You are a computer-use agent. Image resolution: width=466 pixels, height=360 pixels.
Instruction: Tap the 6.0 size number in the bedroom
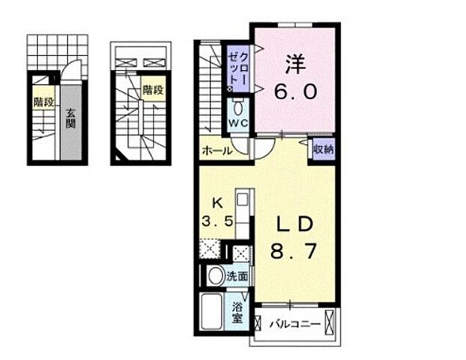(296, 91)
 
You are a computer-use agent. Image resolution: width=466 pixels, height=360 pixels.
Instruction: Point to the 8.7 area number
(294, 251)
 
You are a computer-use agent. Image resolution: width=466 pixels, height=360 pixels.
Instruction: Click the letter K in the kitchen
(217, 203)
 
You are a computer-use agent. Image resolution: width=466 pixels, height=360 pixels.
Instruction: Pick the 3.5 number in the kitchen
(217, 221)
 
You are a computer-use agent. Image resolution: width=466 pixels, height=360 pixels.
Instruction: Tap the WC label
(238, 123)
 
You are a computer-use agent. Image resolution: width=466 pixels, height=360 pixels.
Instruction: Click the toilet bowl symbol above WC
(237, 108)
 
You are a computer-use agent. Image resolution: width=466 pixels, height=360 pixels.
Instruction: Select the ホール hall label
(217, 151)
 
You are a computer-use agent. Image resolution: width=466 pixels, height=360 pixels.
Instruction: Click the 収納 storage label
(324, 149)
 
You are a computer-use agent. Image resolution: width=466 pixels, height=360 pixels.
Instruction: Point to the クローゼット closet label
(238, 69)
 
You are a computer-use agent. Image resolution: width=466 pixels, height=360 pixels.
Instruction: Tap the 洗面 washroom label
(237, 277)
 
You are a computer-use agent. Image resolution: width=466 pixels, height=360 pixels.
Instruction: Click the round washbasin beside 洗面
(216, 276)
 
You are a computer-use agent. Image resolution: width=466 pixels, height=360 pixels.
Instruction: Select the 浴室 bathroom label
(237, 313)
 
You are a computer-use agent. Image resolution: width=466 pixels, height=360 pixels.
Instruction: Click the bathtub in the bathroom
(211, 311)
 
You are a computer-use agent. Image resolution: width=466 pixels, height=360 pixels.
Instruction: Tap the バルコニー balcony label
(295, 324)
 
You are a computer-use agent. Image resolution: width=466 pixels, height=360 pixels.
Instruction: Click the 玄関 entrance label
(70, 118)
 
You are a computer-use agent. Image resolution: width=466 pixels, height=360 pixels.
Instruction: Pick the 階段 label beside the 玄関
(43, 102)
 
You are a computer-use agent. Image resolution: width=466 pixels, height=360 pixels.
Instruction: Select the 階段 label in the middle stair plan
(153, 89)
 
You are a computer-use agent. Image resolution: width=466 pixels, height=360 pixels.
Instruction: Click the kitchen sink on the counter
(243, 199)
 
